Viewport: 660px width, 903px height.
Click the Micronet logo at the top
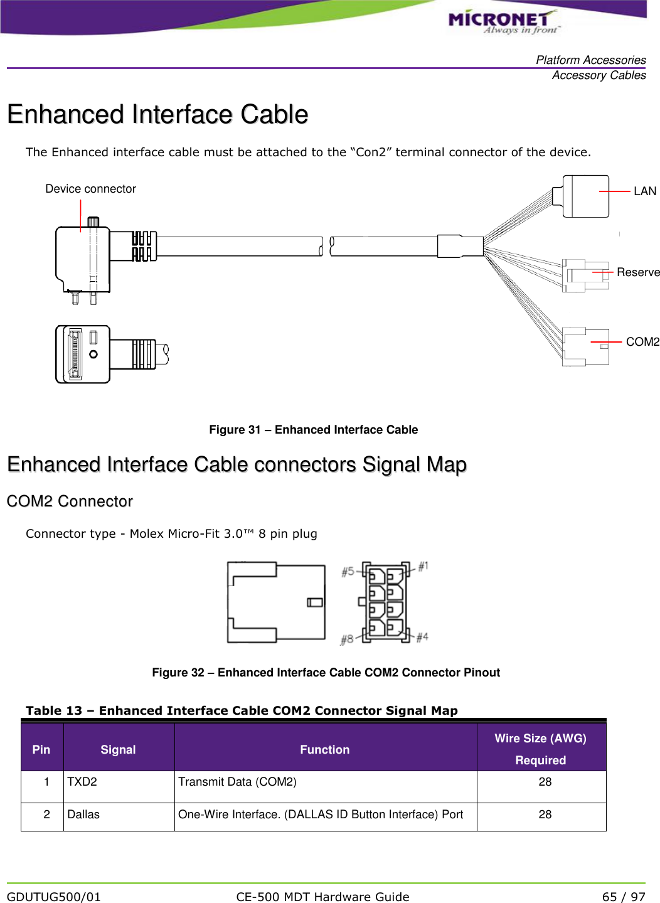pyautogui.click(x=503, y=21)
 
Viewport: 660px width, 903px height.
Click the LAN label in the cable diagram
pyautogui.click(x=644, y=191)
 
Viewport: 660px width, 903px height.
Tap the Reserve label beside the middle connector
pyautogui.click(x=637, y=272)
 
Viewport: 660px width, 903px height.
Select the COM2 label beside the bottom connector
pyautogui.click(x=642, y=342)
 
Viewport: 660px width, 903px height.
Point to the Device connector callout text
pyautogui.click(x=90, y=189)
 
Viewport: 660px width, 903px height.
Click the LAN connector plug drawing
pyautogui.click(x=585, y=196)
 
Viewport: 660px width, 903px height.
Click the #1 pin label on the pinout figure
pyautogui.click(x=423, y=566)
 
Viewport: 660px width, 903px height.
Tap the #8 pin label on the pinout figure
pyautogui.click(x=347, y=640)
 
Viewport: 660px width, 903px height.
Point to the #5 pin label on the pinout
pyautogui.click(x=348, y=572)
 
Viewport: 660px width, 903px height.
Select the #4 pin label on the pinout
pyautogui.click(x=422, y=637)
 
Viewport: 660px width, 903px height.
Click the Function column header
pyautogui.click(x=324, y=750)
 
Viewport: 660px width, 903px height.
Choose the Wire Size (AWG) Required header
pyautogui.click(x=540, y=749)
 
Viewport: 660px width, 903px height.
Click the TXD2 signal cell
pyautogui.click(x=82, y=782)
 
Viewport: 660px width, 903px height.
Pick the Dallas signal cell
pyautogui.click(x=83, y=815)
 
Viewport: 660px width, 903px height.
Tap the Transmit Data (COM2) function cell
pyautogui.click(x=237, y=782)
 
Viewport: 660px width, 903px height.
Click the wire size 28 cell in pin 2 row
pyautogui.click(x=545, y=815)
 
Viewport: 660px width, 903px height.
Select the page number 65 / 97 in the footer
pyautogui.click(x=623, y=897)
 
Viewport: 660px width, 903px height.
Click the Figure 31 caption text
pyautogui.click(x=313, y=430)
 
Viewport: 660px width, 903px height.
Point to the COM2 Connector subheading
pyautogui.click(x=70, y=501)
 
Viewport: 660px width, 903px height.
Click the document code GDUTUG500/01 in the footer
pyautogui.click(x=54, y=897)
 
